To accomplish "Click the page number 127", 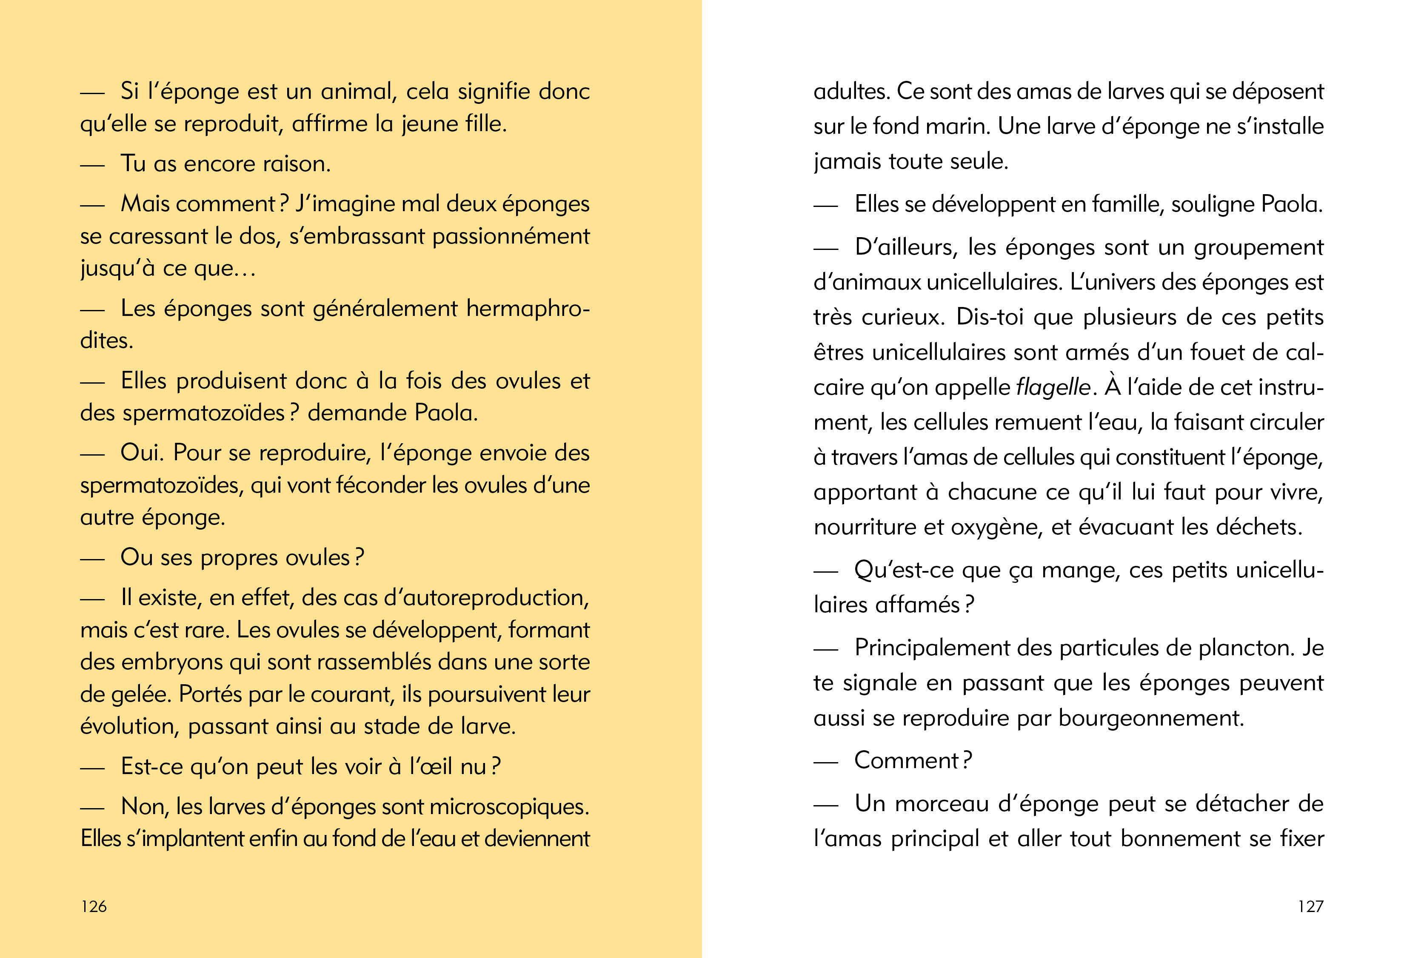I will click(x=1310, y=906).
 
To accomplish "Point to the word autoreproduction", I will click(x=486, y=598).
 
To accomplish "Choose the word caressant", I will click(x=158, y=236).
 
